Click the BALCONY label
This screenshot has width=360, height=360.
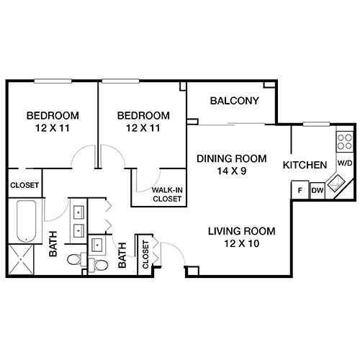point(234,101)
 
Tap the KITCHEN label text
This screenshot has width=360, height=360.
point(305,165)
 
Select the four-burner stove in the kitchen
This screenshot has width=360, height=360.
point(345,139)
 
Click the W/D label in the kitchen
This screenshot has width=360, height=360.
point(345,163)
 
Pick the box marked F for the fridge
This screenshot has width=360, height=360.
point(299,190)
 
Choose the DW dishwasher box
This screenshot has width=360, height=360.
point(317,190)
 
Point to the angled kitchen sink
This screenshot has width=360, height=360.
point(336,185)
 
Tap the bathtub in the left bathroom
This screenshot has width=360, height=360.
point(26,222)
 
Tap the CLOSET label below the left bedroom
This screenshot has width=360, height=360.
point(24,186)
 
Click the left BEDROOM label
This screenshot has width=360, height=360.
point(53,115)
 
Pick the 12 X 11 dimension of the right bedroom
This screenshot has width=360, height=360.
point(144,128)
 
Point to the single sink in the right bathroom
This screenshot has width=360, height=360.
point(96,246)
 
